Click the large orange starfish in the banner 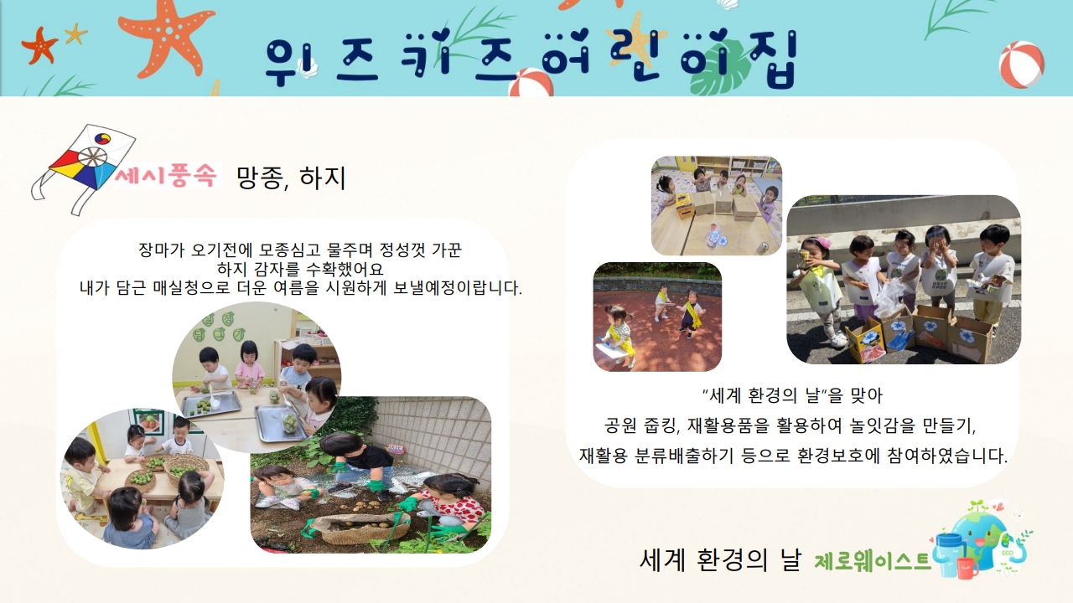(x=165, y=36)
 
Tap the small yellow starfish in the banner (x=75, y=34)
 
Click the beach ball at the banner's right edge (x=1022, y=64)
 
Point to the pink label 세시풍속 (x=166, y=176)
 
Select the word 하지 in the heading (x=323, y=178)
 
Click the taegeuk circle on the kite (x=103, y=139)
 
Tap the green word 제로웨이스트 (x=873, y=561)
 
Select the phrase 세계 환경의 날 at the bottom (x=720, y=559)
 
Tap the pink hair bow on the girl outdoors (x=820, y=242)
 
